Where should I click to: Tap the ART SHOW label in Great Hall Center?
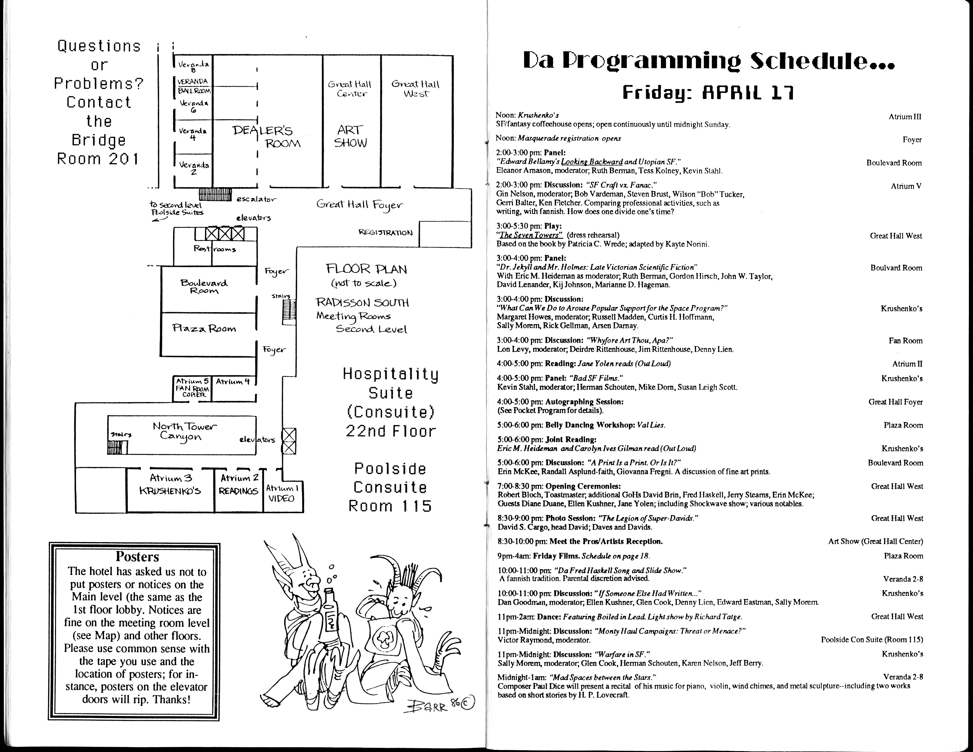point(351,136)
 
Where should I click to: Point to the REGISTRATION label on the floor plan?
point(385,233)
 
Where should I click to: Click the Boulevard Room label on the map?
point(204,287)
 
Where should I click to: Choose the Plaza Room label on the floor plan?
point(204,329)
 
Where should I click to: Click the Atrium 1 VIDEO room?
point(282,493)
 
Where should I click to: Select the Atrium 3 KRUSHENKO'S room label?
point(171,485)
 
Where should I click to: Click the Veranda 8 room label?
point(193,66)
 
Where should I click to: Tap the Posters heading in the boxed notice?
point(137,557)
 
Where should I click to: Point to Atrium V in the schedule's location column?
point(906,186)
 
